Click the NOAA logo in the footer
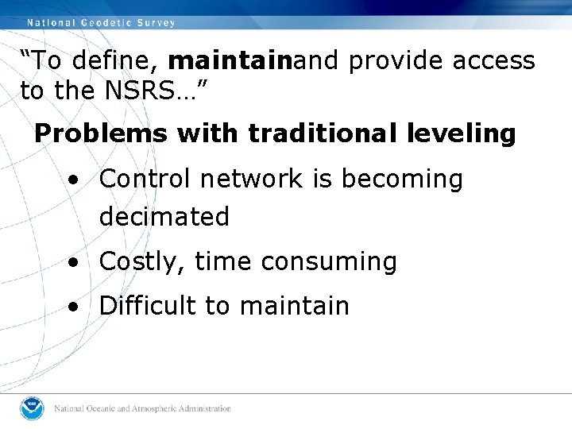point(33,408)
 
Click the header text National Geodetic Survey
point(101,23)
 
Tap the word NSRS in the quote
point(137,91)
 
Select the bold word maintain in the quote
point(230,61)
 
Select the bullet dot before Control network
point(73,180)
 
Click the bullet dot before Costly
point(73,262)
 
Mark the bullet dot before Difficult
point(73,307)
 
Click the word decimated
point(164,217)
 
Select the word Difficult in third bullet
point(149,306)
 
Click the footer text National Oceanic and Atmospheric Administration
point(142,409)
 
